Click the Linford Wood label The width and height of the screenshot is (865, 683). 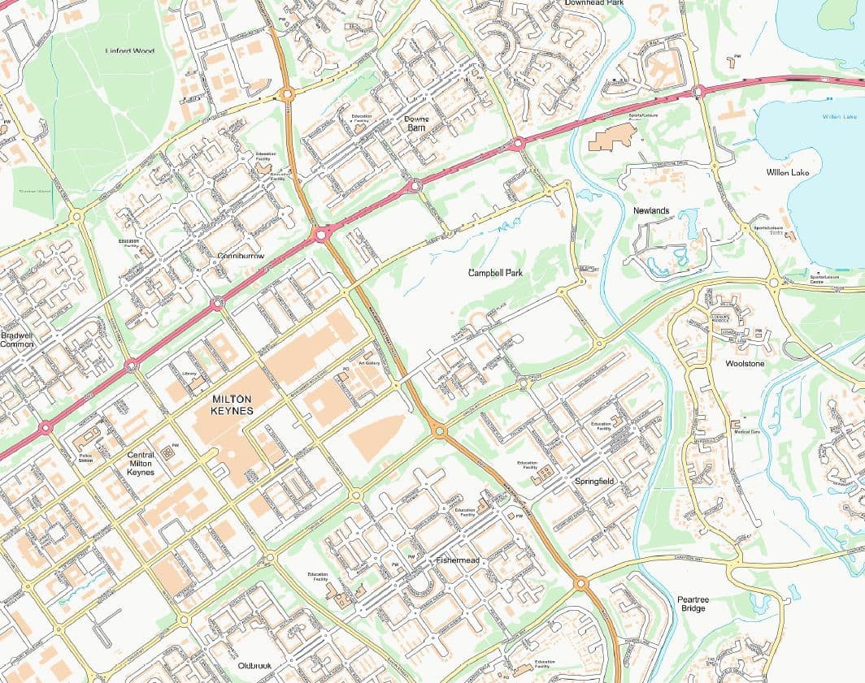pos(130,51)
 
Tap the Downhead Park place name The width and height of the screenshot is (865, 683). pos(593,3)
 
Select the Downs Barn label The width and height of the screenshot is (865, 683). pos(415,123)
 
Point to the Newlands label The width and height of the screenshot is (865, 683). pos(651,211)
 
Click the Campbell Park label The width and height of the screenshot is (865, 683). pos(495,273)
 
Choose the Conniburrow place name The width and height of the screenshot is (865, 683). pos(241,257)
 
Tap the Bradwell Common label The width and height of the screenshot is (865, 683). pos(17,339)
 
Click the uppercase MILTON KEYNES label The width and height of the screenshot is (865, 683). pos(232,404)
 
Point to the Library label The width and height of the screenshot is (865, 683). pos(189,374)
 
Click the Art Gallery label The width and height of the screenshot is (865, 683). pos(370,363)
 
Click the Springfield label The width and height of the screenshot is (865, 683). pos(594,482)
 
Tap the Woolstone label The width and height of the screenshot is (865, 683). pos(744,364)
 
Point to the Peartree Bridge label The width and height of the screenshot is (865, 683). pos(693,604)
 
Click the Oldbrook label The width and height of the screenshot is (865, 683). pos(254,666)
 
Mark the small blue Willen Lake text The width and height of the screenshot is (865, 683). pos(839,117)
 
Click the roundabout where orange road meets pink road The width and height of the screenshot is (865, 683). pos(321,235)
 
